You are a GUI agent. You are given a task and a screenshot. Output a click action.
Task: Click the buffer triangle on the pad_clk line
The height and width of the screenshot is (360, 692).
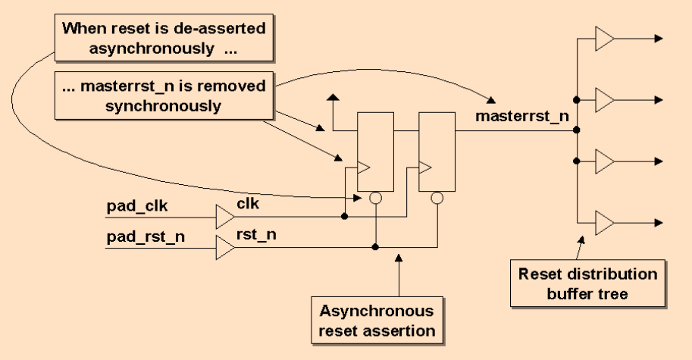tap(225, 217)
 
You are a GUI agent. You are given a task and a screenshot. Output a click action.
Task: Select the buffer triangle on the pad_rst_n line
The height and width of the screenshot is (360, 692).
tap(225, 246)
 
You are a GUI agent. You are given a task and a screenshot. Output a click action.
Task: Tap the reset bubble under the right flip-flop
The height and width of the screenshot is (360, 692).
tap(437, 198)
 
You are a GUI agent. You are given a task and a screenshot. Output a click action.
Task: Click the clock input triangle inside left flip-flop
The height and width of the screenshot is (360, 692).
tap(363, 165)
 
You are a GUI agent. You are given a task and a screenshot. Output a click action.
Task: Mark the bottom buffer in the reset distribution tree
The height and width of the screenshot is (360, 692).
tap(604, 223)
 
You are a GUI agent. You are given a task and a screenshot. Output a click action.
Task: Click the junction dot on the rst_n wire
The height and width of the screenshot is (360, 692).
tap(377, 247)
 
